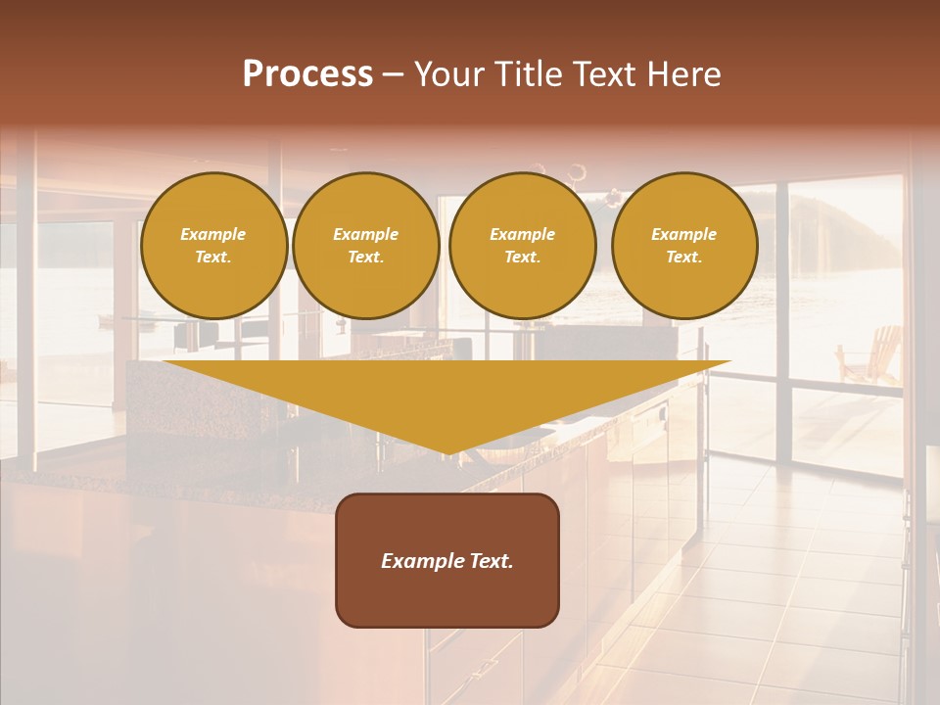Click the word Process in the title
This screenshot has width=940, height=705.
307,74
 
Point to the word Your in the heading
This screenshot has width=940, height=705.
449,74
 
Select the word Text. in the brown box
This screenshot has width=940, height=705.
491,561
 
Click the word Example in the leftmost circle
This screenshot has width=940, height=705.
213,234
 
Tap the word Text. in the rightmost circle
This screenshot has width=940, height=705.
684,257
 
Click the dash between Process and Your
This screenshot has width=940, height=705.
393,74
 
